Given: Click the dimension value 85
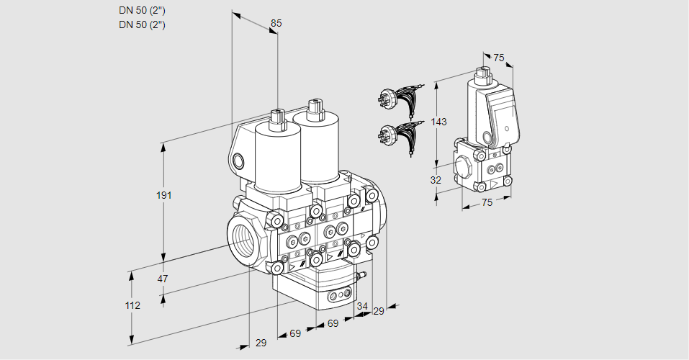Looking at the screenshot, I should coord(276,24).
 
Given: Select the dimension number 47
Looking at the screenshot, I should coord(163,279).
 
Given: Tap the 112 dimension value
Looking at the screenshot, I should coord(132,305).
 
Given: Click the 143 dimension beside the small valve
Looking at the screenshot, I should coord(439,122).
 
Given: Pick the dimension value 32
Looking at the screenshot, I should coord(436,180).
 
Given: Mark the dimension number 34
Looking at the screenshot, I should coord(362,306).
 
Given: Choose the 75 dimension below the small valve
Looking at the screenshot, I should coord(487,203).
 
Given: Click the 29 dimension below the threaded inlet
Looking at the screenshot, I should coord(261,343).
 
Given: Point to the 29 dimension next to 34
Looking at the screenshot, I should coord(379,311).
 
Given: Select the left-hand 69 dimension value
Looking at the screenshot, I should coord(295,333).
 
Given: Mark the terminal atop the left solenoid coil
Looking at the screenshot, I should coord(277,117).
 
